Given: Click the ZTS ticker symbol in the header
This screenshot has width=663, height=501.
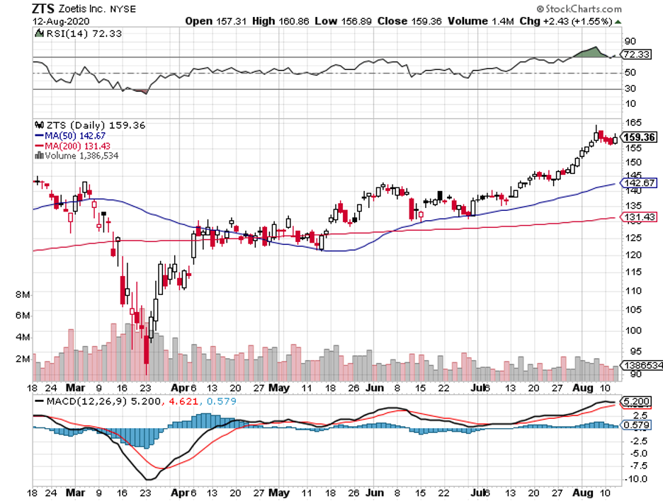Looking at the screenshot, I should coord(45,8).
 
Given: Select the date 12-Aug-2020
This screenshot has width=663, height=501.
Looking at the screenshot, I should coord(59,21).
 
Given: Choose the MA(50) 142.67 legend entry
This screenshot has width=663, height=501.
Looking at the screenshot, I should coord(70,135).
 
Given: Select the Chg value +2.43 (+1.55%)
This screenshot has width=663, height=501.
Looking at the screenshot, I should coord(577,21).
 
